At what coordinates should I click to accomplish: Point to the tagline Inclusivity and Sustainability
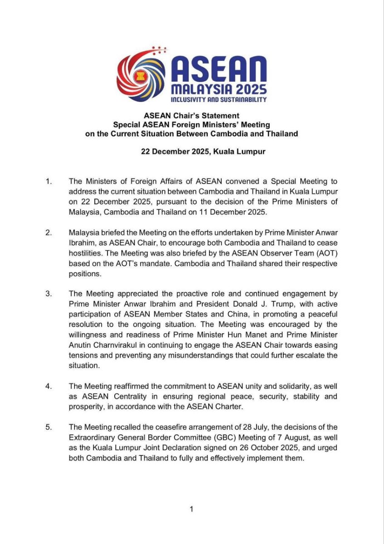coord(218,99)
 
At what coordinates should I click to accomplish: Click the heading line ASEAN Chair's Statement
coord(192,116)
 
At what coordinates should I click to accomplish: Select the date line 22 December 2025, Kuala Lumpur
coord(203,151)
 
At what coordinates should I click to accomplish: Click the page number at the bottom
coord(191,509)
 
